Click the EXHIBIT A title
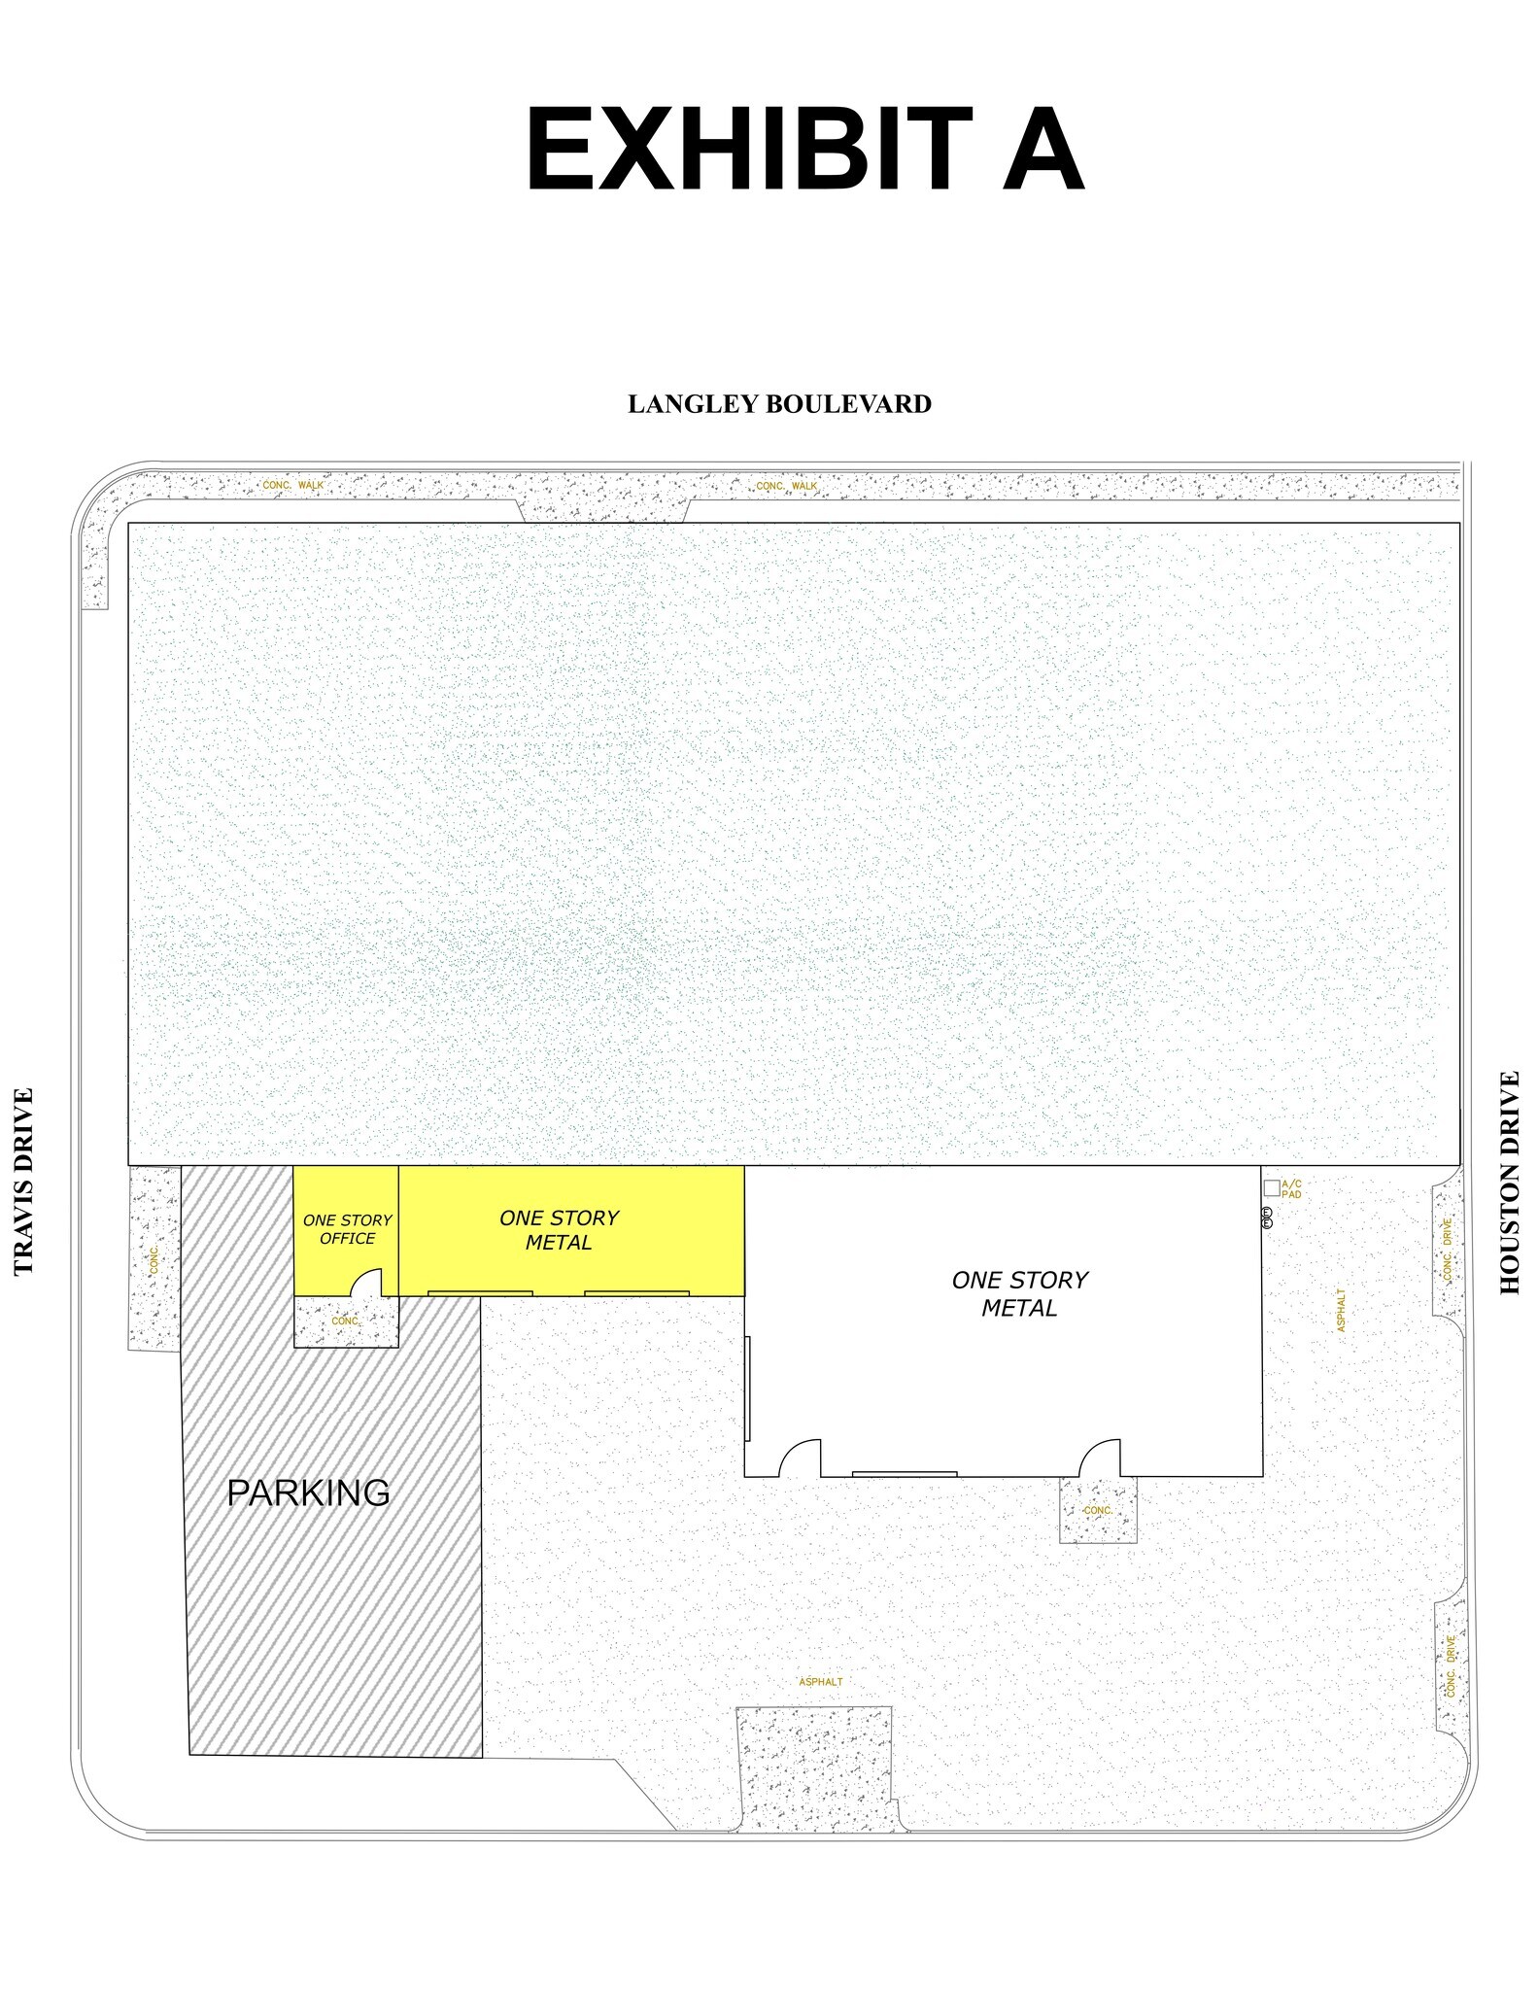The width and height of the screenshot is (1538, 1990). pyautogui.click(x=803, y=151)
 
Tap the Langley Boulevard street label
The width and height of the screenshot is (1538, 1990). pyautogui.click(x=779, y=404)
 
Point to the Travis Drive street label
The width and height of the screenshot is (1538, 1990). pyautogui.click(x=24, y=1181)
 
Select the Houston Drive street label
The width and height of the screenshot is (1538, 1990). pyautogui.click(x=1509, y=1183)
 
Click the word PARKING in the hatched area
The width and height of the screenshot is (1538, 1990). pyautogui.click(x=308, y=1492)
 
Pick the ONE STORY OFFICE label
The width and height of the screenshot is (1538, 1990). pyautogui.click(x=347, y=1229)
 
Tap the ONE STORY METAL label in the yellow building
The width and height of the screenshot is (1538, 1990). pyautogui.click(x=559, y=1230)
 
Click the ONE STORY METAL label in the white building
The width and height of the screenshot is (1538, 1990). pyautogui.click(x=1019, y=1294)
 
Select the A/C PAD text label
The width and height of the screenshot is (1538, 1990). pyautogui.click(x=1291, y=1188)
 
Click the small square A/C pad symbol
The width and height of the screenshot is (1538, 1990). pyautogui.click(x=1271, y=1187)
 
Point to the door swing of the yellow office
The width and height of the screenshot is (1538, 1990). pyautogui.click(x=366, y=1284)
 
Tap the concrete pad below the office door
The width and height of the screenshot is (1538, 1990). pyautogui.click(x=346, y=1321)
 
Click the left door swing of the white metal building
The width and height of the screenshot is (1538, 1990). pyautogui.click(x=801, y=1458)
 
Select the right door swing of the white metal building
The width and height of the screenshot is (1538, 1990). pyautogui.click(x=1101, y=1458)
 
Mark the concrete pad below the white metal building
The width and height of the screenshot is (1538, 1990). pyautogui.click(x=1098, y=1510)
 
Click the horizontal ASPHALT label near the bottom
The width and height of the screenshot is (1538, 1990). pyautogui.click(x=820, y=1682)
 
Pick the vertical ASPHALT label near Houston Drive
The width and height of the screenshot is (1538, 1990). pyautogui.click(x=1342, y=1311)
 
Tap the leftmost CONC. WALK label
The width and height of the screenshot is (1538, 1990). pyautogui.click(x=293, y=485)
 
